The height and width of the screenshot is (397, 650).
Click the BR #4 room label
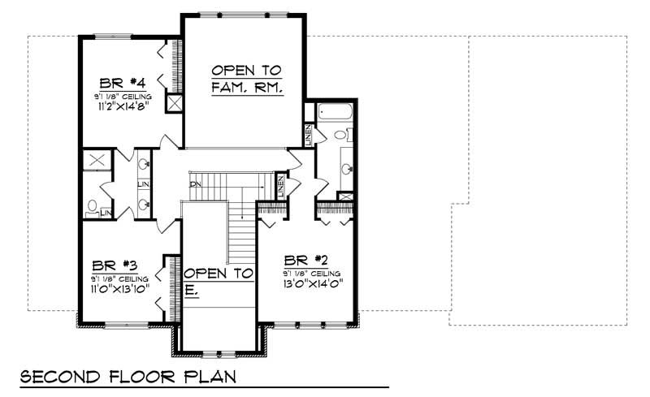[x=123, y=83]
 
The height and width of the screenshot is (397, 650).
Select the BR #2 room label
[x=307, y=261]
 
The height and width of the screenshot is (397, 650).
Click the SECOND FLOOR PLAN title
[x=128, y=377]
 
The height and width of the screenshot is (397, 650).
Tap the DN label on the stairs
[x=195, y=184]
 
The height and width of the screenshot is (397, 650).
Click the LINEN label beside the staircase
[x=280, y=188]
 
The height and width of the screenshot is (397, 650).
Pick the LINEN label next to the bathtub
[x=310, y=134]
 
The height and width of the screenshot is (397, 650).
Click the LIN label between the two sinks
[x=144, y=184]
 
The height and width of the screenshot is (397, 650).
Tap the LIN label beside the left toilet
[x=106, y=214]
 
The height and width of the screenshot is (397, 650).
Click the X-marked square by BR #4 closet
[x=173, y=103]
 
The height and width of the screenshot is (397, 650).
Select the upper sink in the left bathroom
[x=144, y=165]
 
